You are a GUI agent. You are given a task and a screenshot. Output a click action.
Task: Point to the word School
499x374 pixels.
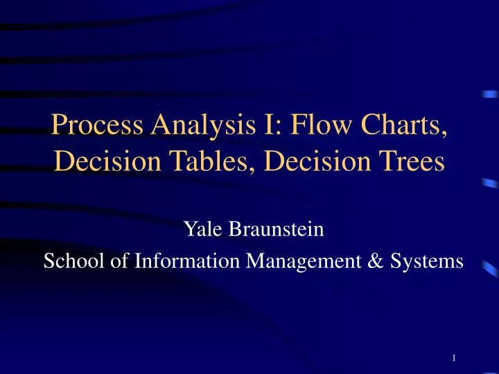[68, 261]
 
